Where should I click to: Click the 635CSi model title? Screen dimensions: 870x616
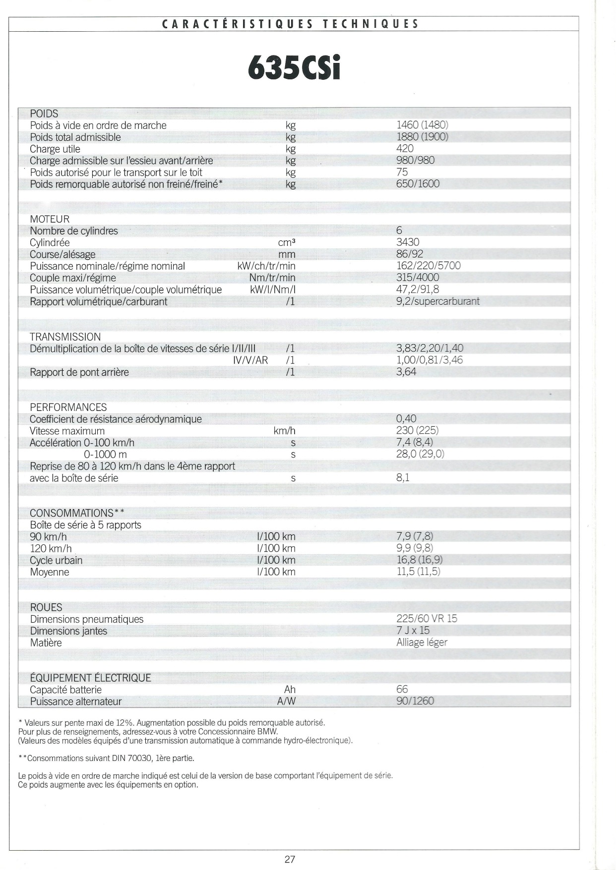294,69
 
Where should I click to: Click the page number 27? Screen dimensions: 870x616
290,859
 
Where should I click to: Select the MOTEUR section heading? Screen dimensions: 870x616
50,219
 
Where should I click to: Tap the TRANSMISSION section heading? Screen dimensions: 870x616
65,337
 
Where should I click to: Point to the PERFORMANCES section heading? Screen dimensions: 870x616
68,407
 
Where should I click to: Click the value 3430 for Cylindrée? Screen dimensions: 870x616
408,242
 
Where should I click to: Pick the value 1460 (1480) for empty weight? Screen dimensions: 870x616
422,125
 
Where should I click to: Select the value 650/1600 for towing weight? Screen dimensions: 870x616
418,184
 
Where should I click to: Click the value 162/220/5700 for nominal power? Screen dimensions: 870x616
428,266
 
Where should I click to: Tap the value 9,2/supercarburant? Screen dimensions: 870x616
437,301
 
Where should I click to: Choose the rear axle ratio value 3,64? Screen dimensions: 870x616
406,372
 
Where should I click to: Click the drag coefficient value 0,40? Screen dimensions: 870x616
406,419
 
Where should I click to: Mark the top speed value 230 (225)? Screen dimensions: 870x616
417,431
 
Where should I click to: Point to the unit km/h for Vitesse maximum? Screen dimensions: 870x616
284,431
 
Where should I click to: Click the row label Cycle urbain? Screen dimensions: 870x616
56,561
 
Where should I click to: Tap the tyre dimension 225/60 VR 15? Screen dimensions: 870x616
427,619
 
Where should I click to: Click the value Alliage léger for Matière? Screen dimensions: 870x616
422,642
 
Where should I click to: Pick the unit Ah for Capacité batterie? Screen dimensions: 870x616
290,690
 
